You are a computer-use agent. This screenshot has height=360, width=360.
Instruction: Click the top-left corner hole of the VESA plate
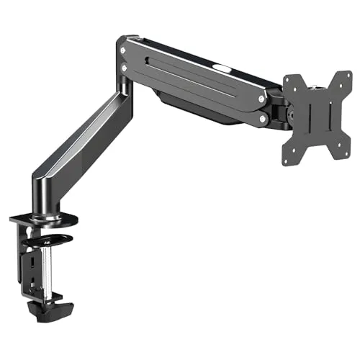292,80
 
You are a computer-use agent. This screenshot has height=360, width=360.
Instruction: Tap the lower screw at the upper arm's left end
126,68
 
